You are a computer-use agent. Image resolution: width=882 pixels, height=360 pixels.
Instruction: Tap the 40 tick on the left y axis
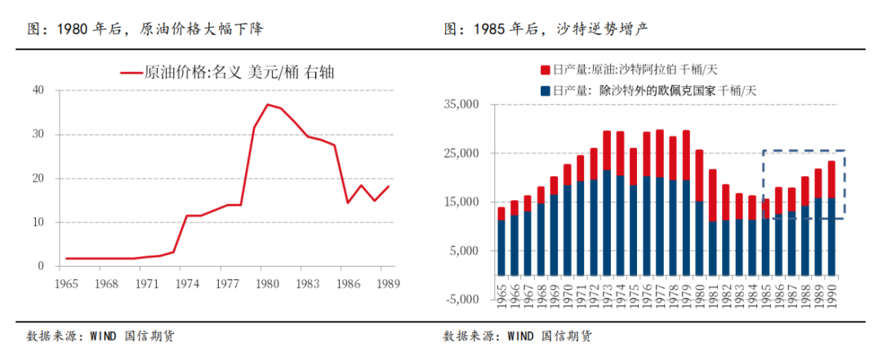click(37, 90)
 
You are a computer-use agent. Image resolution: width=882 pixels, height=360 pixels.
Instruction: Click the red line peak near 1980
click(267, 104)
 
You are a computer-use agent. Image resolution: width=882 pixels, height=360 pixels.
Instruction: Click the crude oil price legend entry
click(229, 73)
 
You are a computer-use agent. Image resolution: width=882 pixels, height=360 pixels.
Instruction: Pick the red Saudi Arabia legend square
click(546, 69)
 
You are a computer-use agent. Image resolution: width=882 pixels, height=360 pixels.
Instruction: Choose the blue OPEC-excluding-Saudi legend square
click(546, 90)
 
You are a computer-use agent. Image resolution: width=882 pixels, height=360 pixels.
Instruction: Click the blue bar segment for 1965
click(501, 247)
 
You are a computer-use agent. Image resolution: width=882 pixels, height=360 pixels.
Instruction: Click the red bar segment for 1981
click(713, 195)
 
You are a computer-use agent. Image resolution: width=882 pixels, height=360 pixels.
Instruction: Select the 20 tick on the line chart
click(37, 178)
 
